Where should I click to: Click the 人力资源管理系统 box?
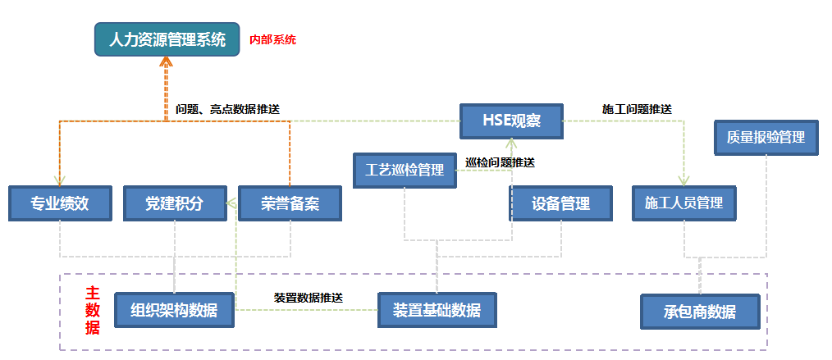167,39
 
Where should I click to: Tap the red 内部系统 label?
272,39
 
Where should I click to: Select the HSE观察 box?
511,122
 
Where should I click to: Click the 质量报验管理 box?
766,138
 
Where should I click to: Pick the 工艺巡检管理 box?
405,171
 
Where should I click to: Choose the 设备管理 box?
560,203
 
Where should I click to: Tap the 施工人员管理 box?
683,203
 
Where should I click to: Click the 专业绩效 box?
60,203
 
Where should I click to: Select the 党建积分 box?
175,203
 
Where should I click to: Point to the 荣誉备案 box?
290,203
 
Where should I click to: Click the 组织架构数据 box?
174,310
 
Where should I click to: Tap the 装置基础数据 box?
437,310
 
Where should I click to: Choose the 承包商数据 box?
700,312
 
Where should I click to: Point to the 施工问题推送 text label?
637,108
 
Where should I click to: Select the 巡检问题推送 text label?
500,162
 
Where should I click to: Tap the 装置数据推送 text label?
308,297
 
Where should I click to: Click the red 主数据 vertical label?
93,310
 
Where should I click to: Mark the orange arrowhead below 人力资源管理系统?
167,63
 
